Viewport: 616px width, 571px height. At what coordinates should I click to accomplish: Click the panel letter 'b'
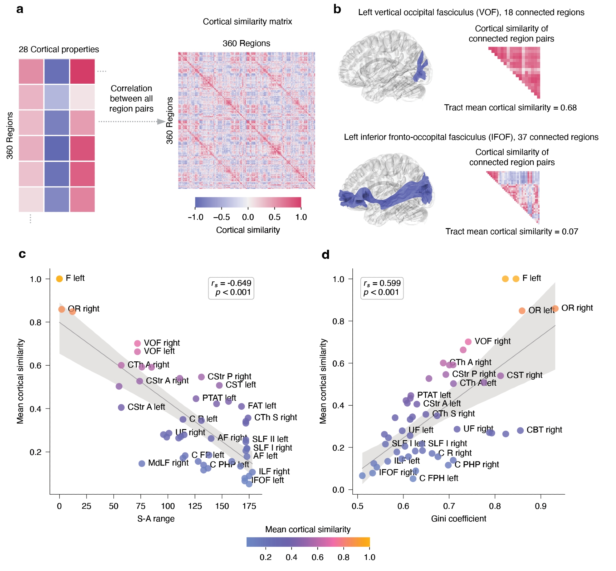pyautogui.click(x=337, y=9)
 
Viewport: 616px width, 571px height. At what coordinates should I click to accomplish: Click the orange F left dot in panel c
pyautogui.click(x=59, y=279)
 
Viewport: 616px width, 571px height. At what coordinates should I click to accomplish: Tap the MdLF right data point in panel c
pyautogui.click(x=142, y=464)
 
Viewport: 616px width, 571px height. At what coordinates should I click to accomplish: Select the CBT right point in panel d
pyautogui.click(x=520, y=430)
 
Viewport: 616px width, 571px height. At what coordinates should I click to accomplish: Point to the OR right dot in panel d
pyautogui.click(x=555, y=308)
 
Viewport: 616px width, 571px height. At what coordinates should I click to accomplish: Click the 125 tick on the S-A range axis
pyautogui.click(x=195, y=506)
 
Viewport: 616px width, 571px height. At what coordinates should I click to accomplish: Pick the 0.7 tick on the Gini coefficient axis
pyautogui.click(x=449, y=506)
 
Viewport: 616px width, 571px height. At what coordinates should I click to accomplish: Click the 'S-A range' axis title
pyautogui.click(x=156, y=518)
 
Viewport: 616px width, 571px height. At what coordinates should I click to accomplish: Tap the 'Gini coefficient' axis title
pyautogui.click(x=459, y=518)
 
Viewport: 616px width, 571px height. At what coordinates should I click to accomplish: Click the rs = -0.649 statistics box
pyautogui.click(x=231, y=288)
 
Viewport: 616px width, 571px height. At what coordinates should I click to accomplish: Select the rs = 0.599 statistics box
pyautogui.click(x=382, y=288)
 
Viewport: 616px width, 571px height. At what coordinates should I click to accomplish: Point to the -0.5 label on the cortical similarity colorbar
pyautogui.click(x=221, y=217)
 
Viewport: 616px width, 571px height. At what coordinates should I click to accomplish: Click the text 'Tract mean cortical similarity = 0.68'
pyautogui.click(x=510, y=107)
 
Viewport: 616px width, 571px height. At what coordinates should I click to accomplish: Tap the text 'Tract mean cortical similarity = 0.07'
pyautogui.click(x=512, y=231)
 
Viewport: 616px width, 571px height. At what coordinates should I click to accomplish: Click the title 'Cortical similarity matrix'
pyautogui.click(x=247, y=22)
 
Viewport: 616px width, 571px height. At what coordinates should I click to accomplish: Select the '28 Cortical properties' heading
pyautogui.click(x=59, y=50)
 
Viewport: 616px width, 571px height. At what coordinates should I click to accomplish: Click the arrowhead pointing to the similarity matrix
pyautogui.click(x=161, y=121)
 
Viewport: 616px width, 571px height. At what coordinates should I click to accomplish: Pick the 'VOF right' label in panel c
pyautogui.click(x=162, y=343)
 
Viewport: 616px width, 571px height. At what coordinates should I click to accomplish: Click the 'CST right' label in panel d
pyautogui.click(x=525, y=375)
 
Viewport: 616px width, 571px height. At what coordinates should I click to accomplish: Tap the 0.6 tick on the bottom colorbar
pyautogui.click(x=317, y=557)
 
